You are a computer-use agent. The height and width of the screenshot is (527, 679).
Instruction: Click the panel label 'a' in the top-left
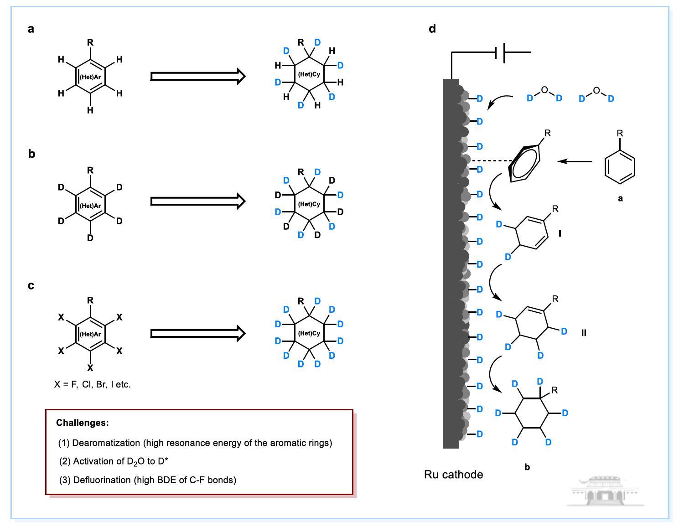coord(31,29)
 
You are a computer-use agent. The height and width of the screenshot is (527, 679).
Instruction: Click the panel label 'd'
coord(432,29)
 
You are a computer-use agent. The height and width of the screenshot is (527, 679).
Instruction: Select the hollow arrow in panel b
coord(198,201)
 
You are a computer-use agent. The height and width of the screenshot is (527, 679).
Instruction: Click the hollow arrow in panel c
coord(198,333)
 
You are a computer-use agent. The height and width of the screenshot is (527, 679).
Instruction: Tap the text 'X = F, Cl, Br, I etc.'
coord(92,384)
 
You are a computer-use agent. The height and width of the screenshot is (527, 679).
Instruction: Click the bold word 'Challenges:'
coord(83,423)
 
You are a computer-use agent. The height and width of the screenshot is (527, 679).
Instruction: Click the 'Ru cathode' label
coord(453,475)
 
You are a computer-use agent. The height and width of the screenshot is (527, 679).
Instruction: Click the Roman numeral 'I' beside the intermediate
coord(560,233)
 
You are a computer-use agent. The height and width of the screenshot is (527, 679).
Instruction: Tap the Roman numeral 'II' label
coord(584,333)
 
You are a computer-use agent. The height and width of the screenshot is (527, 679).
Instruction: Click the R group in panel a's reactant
coord(90,43)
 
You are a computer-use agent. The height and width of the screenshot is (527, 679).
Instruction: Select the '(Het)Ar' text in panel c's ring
coord(90,334)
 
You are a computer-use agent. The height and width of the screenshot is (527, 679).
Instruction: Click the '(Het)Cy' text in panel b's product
coord(309,204)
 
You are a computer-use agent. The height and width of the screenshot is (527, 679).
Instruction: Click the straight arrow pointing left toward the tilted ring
coord(575,161)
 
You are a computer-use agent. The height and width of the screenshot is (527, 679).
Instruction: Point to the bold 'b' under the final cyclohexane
coord(527,467)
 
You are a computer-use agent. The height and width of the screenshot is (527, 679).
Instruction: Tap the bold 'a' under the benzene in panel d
coord(620,198)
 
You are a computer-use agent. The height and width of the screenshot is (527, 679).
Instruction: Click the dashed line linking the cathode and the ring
coord(492,160)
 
